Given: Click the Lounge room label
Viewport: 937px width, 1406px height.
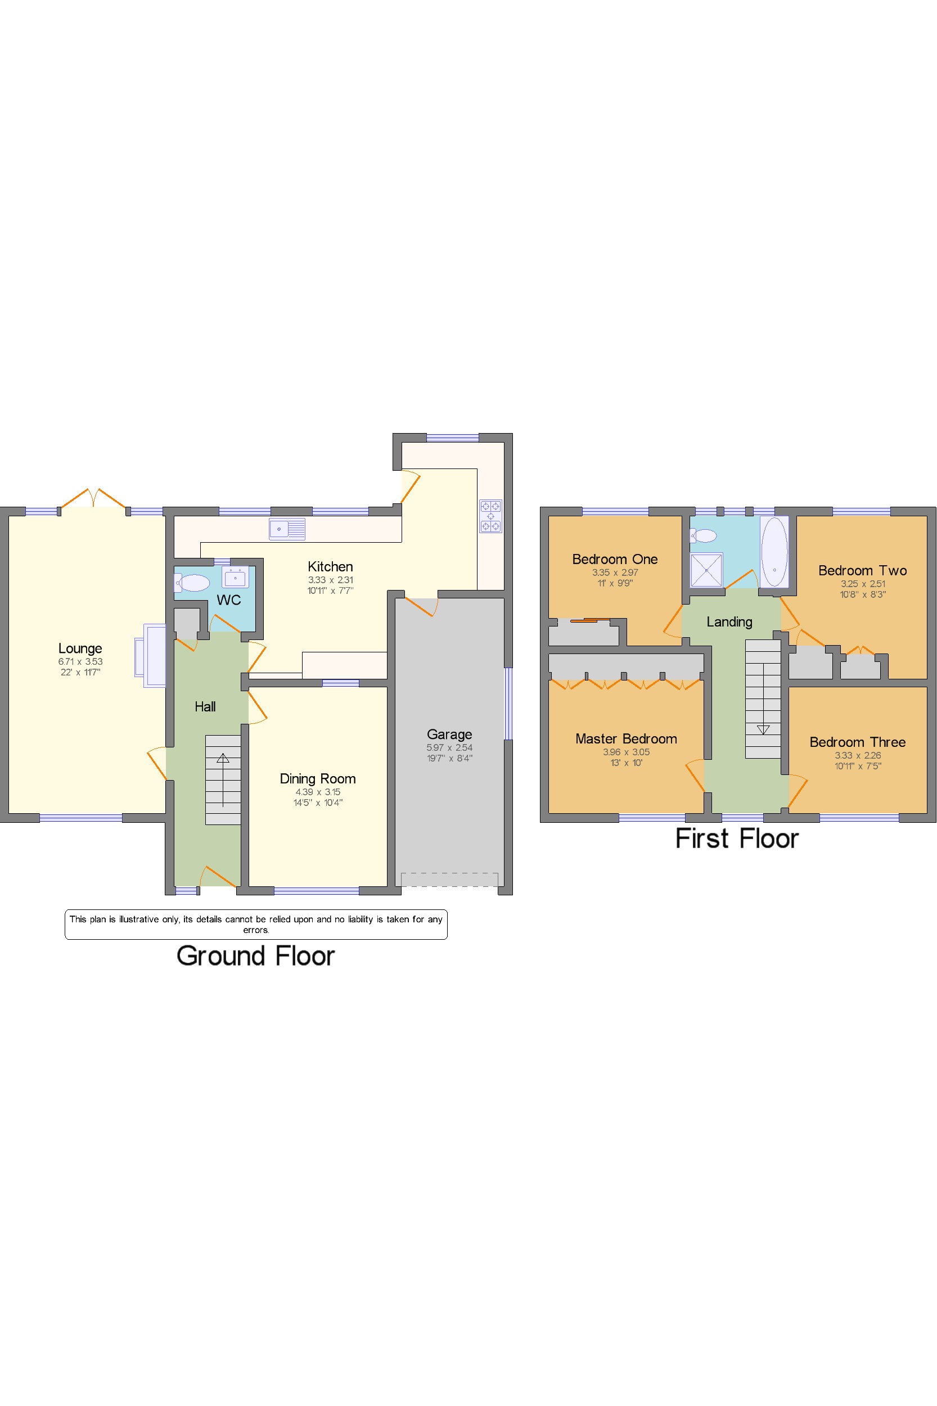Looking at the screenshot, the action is coord(80,648).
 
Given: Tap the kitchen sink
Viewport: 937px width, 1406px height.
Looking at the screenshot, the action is coord(287,529).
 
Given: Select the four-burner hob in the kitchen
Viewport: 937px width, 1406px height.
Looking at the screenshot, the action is coord(490,516).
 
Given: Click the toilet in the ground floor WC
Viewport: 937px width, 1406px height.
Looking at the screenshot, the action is coord(192,583).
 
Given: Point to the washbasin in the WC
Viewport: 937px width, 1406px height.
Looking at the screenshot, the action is coord(236,577).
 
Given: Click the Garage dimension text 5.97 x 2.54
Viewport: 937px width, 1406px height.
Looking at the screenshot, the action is coord(449,747).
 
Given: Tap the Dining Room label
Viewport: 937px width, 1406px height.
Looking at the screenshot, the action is coord(318,778).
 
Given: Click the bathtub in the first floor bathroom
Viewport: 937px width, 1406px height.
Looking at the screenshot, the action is coord(774,552).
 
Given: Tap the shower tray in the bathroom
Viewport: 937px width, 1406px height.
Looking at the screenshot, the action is coord(706,570).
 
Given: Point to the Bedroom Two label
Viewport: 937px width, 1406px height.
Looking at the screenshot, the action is coord(862,571).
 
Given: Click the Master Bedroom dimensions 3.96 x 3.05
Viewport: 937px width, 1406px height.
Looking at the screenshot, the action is coord(627,752).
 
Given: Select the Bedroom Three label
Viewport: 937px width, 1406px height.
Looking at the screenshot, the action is coord(858,742).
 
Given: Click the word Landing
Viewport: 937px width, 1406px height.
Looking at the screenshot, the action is coord(729,622).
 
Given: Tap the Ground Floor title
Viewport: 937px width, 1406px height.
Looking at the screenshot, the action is coord(256,956).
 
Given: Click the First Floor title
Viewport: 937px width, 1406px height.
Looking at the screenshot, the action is coord(737,839).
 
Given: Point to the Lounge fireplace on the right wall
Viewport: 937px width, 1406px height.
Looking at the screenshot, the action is coord(151,656).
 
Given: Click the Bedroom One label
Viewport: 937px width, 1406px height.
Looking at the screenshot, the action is coord(615,559).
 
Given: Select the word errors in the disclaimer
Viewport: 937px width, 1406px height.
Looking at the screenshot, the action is coord(256,930).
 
